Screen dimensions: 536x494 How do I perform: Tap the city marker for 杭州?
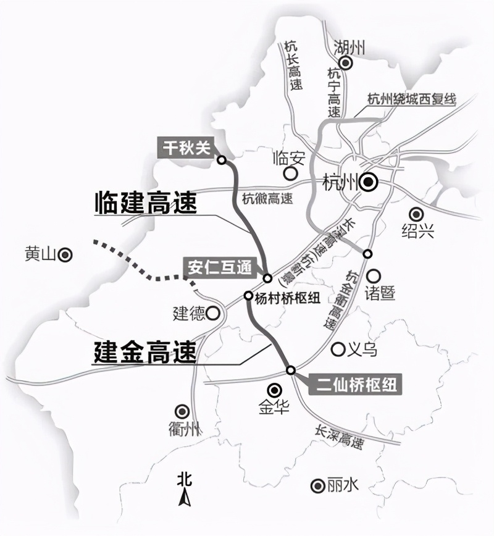click(369, 182)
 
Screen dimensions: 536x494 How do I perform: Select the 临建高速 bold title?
click(145, 203)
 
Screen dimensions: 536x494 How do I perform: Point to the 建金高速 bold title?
click(145, 353)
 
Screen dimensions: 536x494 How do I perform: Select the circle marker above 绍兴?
click(417, 214)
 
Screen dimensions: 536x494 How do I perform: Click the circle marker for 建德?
click(213, 313)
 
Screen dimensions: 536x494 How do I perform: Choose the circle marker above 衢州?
click(182, 411)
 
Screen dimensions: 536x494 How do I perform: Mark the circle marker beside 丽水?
click(318, 485)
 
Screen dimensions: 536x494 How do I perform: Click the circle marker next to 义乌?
click(338, 350)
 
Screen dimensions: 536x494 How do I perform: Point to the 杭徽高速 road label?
click(267, 199)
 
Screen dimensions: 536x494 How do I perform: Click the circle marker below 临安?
click(287, 174)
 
